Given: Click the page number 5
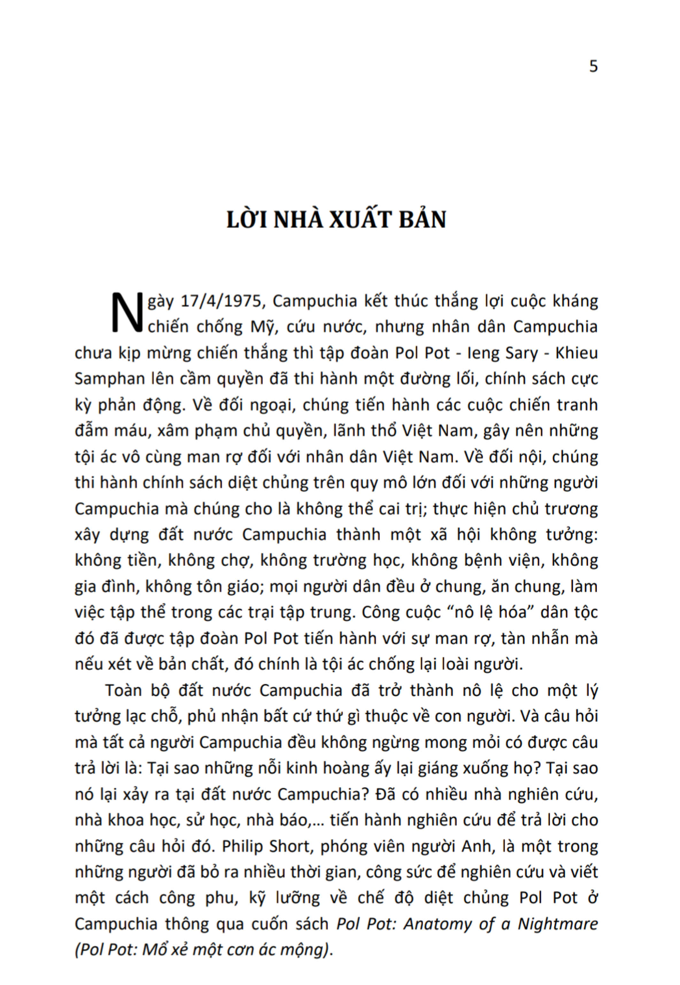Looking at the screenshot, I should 593,66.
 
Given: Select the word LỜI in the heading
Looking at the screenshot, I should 247,220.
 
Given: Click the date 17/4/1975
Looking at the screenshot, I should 221,301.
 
